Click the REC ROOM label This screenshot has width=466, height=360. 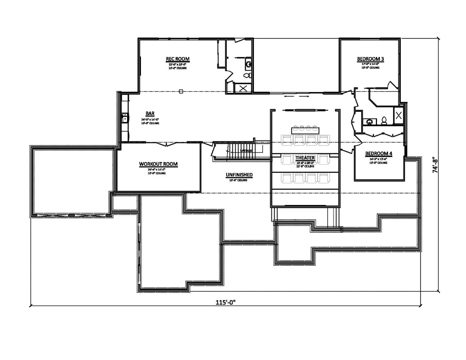177,59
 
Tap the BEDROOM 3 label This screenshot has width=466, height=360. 370,59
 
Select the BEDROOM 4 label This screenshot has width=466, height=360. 379,154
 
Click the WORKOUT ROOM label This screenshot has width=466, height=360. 158,164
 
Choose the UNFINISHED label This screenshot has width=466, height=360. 239,175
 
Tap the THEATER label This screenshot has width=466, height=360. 305,158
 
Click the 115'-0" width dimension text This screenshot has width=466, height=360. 226,302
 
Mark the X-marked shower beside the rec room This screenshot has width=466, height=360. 243,88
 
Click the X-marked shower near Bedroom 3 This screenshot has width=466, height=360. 398,114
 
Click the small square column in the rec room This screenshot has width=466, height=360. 181,92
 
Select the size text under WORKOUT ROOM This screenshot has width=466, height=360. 157,170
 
